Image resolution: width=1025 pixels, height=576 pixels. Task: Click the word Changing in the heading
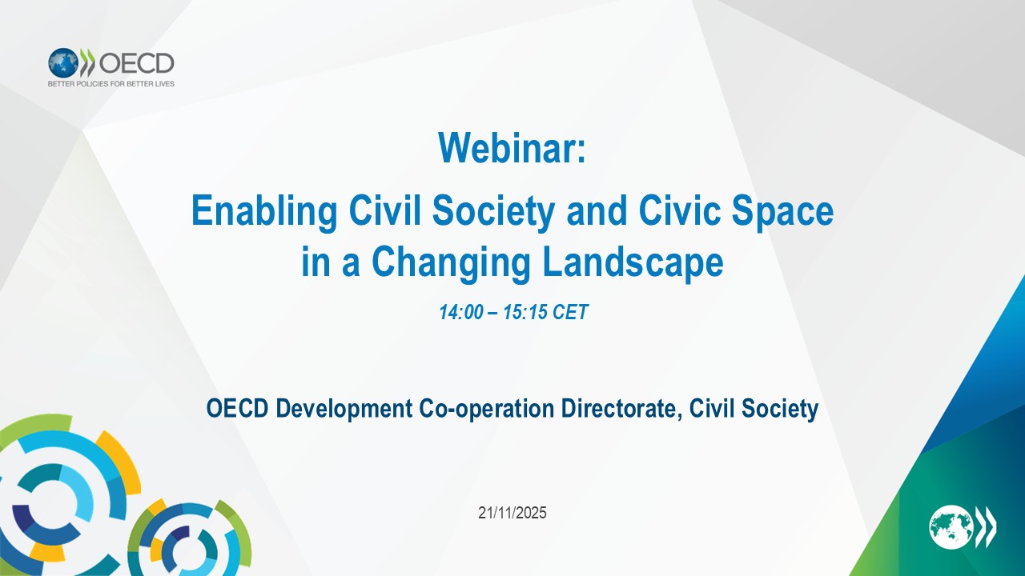[x=451, y=264]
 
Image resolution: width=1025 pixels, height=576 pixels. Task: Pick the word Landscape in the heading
[x=633, y=264]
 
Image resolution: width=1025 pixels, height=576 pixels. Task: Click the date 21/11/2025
[x=512, y=513]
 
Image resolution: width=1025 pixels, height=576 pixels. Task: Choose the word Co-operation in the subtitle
[x=486, y=409]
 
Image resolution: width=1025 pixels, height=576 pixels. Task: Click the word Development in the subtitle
[x=344, y=409]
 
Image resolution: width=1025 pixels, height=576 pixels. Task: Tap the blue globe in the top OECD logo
[x=63, y=63]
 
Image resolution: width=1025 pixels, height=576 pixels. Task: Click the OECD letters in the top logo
[x=136, y=63]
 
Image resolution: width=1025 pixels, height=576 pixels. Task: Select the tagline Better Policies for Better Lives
[x=111, y=84]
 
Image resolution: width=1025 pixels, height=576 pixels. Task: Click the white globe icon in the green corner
[x=951, y=526]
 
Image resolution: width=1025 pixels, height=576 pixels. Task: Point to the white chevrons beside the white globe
[x=985, y=526]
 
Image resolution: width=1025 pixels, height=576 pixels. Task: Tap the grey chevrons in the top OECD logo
[x=87, y=62]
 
